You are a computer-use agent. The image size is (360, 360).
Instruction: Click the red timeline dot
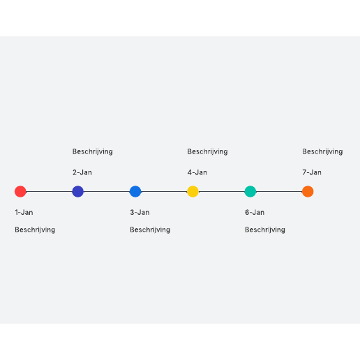pyautogui.click(x=20, y=191)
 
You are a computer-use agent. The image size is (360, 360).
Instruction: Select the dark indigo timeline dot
pyautogui.click(x=78, y=191)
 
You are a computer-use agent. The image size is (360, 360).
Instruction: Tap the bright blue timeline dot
pyautogui.click(x=135, y=191)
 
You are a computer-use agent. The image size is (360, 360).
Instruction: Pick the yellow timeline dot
pyautogui.click(x=193, y=191)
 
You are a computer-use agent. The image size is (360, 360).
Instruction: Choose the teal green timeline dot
pyautogui.click(x=250, y=191)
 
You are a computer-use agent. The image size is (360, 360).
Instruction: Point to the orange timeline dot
pyautogui.click(x=308, y=191)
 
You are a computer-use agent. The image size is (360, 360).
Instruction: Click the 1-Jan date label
pyautogui.click(x=24, y=212)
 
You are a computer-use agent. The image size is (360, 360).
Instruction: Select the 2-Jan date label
pyautogui.click(x=82, y=172)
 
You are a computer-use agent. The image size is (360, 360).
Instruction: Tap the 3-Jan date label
pyautogui.click(x=140, y=212)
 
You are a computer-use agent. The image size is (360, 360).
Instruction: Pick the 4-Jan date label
pyautogui.click(x=197, y=172)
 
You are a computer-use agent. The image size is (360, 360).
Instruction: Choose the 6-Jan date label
pyautogui.click(x=255, y=212)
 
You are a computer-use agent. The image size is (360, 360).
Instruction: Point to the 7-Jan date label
pyautogui.click(x=312, y=172)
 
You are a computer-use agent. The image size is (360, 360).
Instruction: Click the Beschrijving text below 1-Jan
pyautogui.click(x=35, y=230)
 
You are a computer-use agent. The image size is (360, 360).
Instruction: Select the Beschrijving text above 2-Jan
pyautogui.click(x=93, y=151)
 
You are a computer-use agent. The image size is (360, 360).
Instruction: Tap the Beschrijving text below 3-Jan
pyautogui.click(x=150, y=230)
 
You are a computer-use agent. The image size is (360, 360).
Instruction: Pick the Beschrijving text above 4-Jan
pyautogui.click(x=207, y=151)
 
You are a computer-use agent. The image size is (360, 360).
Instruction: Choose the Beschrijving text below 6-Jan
pyautogui.click(x=265, y=230)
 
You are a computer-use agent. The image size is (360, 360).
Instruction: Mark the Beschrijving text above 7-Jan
pyautogui.click(x=322, y=151)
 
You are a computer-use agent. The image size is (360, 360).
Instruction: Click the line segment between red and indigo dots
pyautogui.click(x=49, y=192)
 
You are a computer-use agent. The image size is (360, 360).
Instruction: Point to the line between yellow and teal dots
pyautogui.click(x=222, y=192)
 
